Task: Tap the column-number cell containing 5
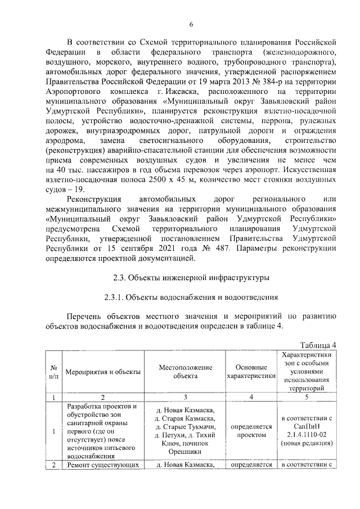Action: click(x=307, y=397)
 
